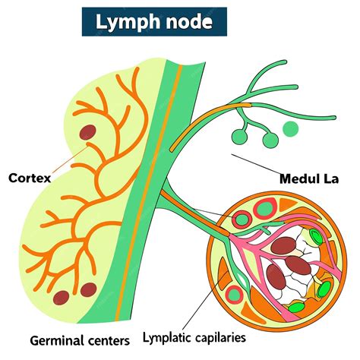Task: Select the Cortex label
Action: [x=30, y=178]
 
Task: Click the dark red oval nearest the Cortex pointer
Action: [x=90, y=133]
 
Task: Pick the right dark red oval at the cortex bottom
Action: [x=89, y=289]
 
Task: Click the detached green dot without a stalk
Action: [x=290, y=129]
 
